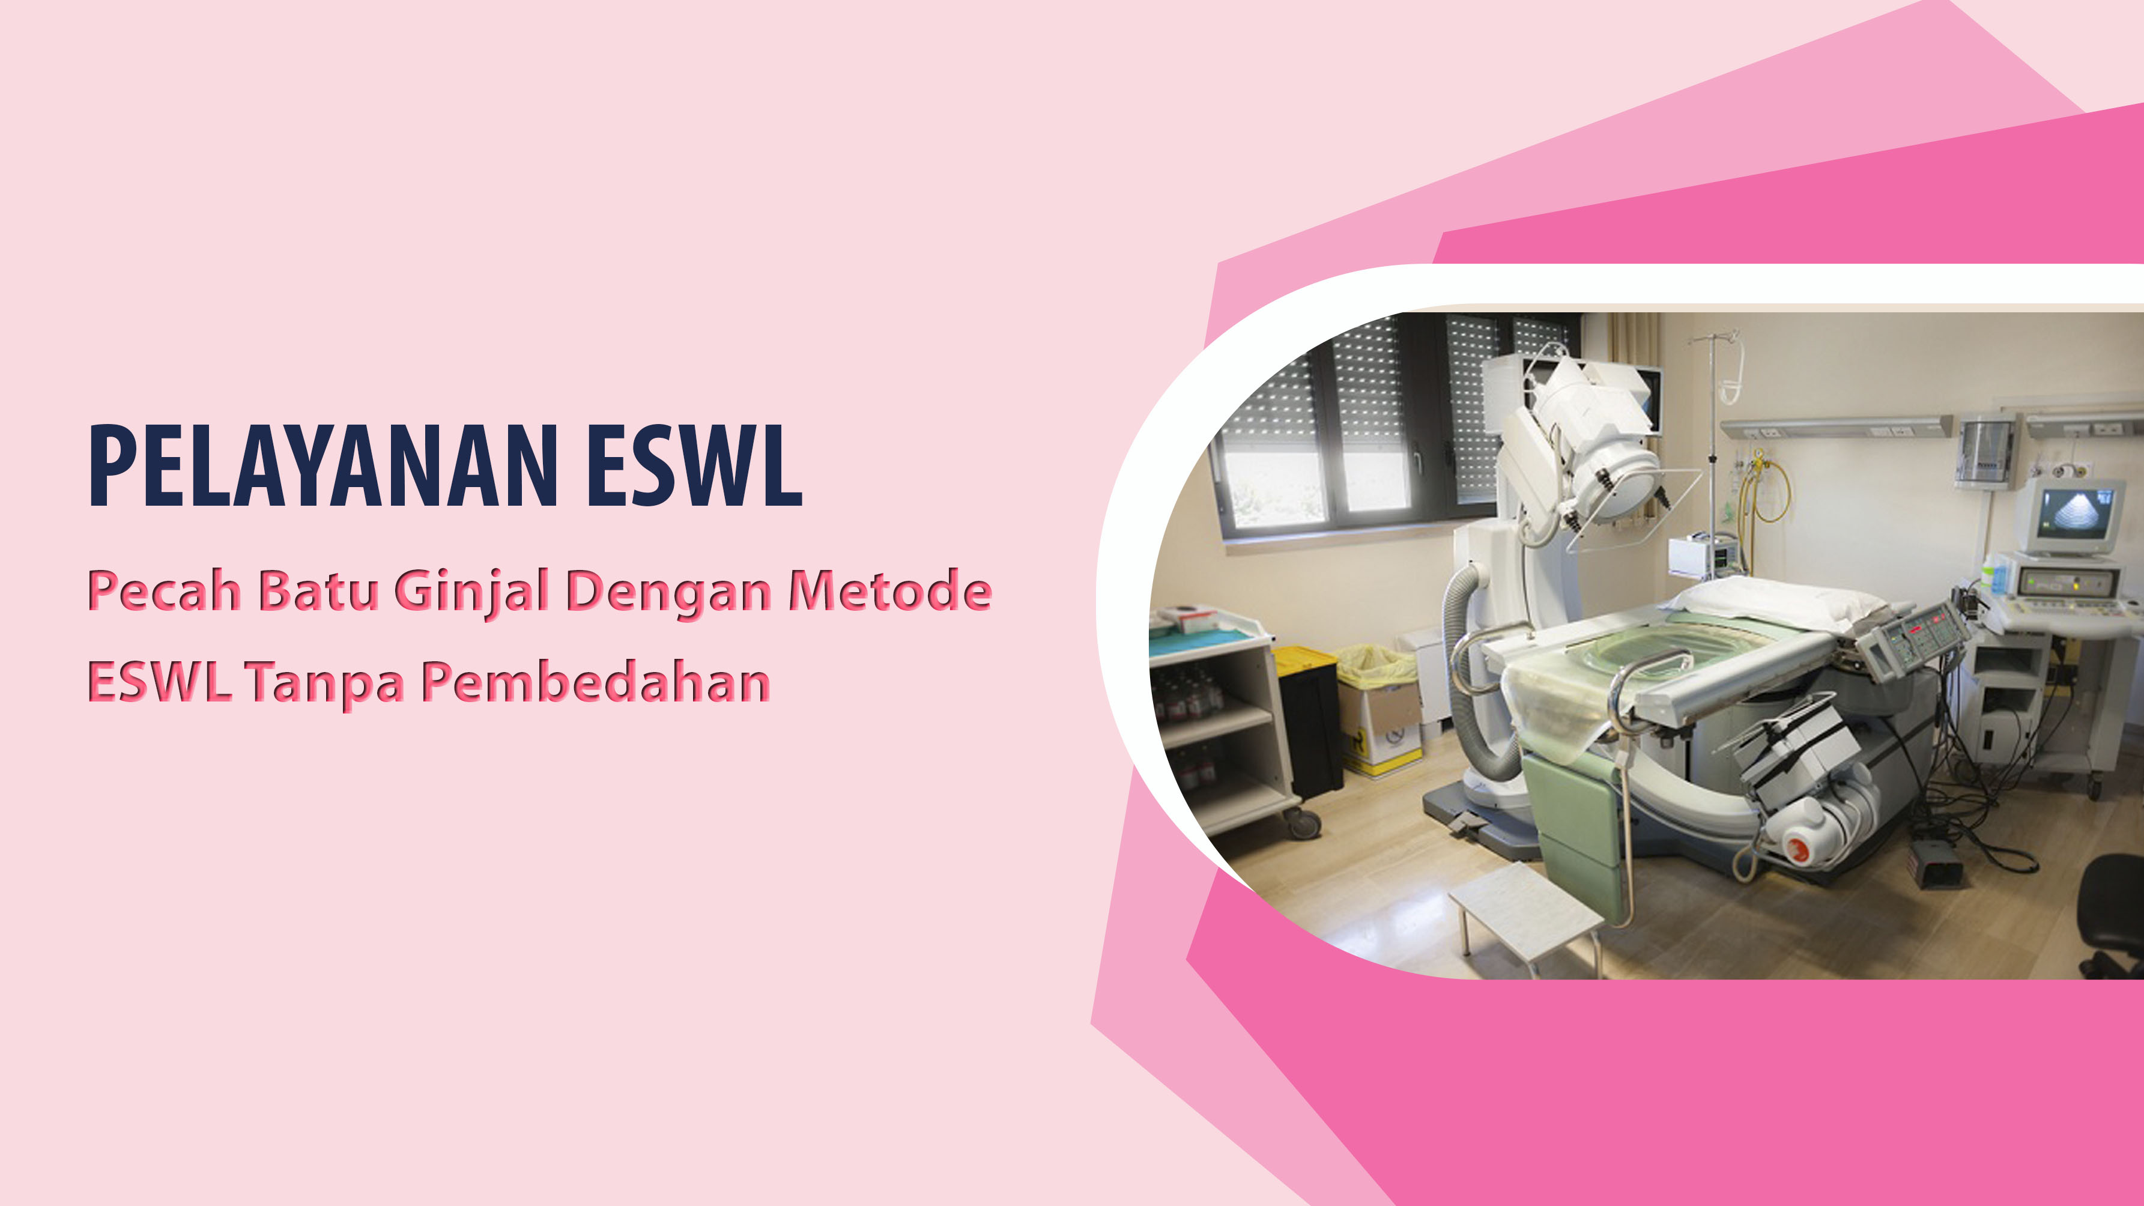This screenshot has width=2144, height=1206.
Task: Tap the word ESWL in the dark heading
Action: tap(694, 465)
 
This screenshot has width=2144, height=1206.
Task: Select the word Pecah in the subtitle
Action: tap(164, 590)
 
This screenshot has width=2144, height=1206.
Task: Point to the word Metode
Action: tap(889, 590)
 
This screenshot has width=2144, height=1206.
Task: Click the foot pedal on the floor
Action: tap(1936, 861)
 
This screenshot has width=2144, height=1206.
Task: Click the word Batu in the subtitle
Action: tap(317, 590)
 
